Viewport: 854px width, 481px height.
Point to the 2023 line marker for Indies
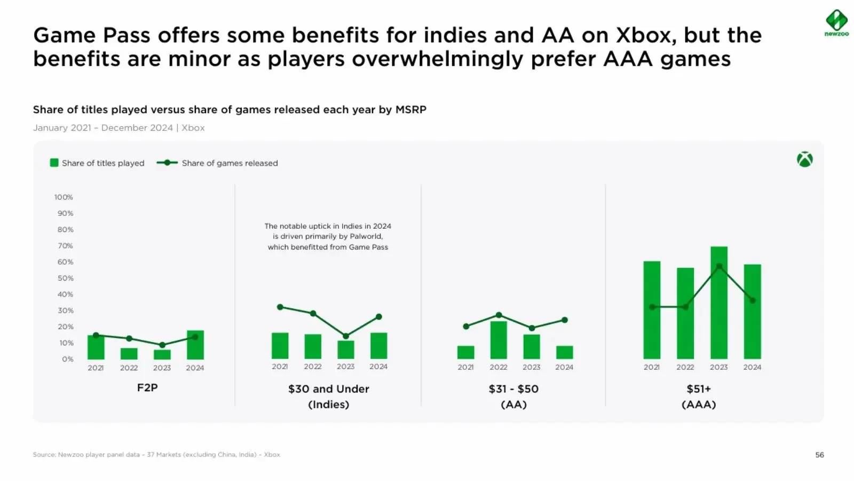coord(346,336)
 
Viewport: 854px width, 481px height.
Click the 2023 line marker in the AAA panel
coord(719,266)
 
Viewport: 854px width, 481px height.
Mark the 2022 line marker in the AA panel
coord(499,315)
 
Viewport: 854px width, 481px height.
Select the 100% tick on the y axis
coord(64,197)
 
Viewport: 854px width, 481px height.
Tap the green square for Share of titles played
coord(54,163)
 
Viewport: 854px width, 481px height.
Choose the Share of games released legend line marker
coord(167,163)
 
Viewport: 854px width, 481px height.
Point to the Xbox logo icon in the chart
coord(804,159)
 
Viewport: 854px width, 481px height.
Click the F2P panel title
coord(147,387)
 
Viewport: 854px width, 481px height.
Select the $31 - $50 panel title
coord(513,389)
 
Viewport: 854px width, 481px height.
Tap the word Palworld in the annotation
coord(366,236)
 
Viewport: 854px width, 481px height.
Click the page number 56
coord(819,455)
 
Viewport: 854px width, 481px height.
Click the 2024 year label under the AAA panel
coord(752,367)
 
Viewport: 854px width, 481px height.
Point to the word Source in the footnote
coord(44,455)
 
